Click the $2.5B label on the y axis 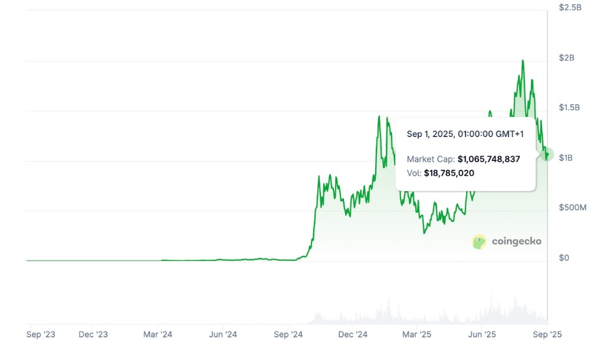pos(570,7)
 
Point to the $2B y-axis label pos(566,57)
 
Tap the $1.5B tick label pos(569,107)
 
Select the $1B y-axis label pos(565,158)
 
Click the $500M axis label pos(572,208)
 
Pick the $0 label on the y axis pos(564,258)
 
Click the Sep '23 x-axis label pos(41,335)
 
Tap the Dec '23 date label pos(93,335)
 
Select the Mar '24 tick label pos(158,335)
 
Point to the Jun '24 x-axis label pos(223,335)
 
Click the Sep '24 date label pos(288,335)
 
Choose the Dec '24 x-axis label pos(353,335)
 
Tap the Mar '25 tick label pos(417,335)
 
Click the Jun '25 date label pos(482,335)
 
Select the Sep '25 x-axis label pos(547,335)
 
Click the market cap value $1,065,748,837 pos(489,159)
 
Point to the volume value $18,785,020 pos(450,174)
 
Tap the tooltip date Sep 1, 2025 pos(430,134)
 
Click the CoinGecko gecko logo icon pos(479,241)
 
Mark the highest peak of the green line pos(523,60)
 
